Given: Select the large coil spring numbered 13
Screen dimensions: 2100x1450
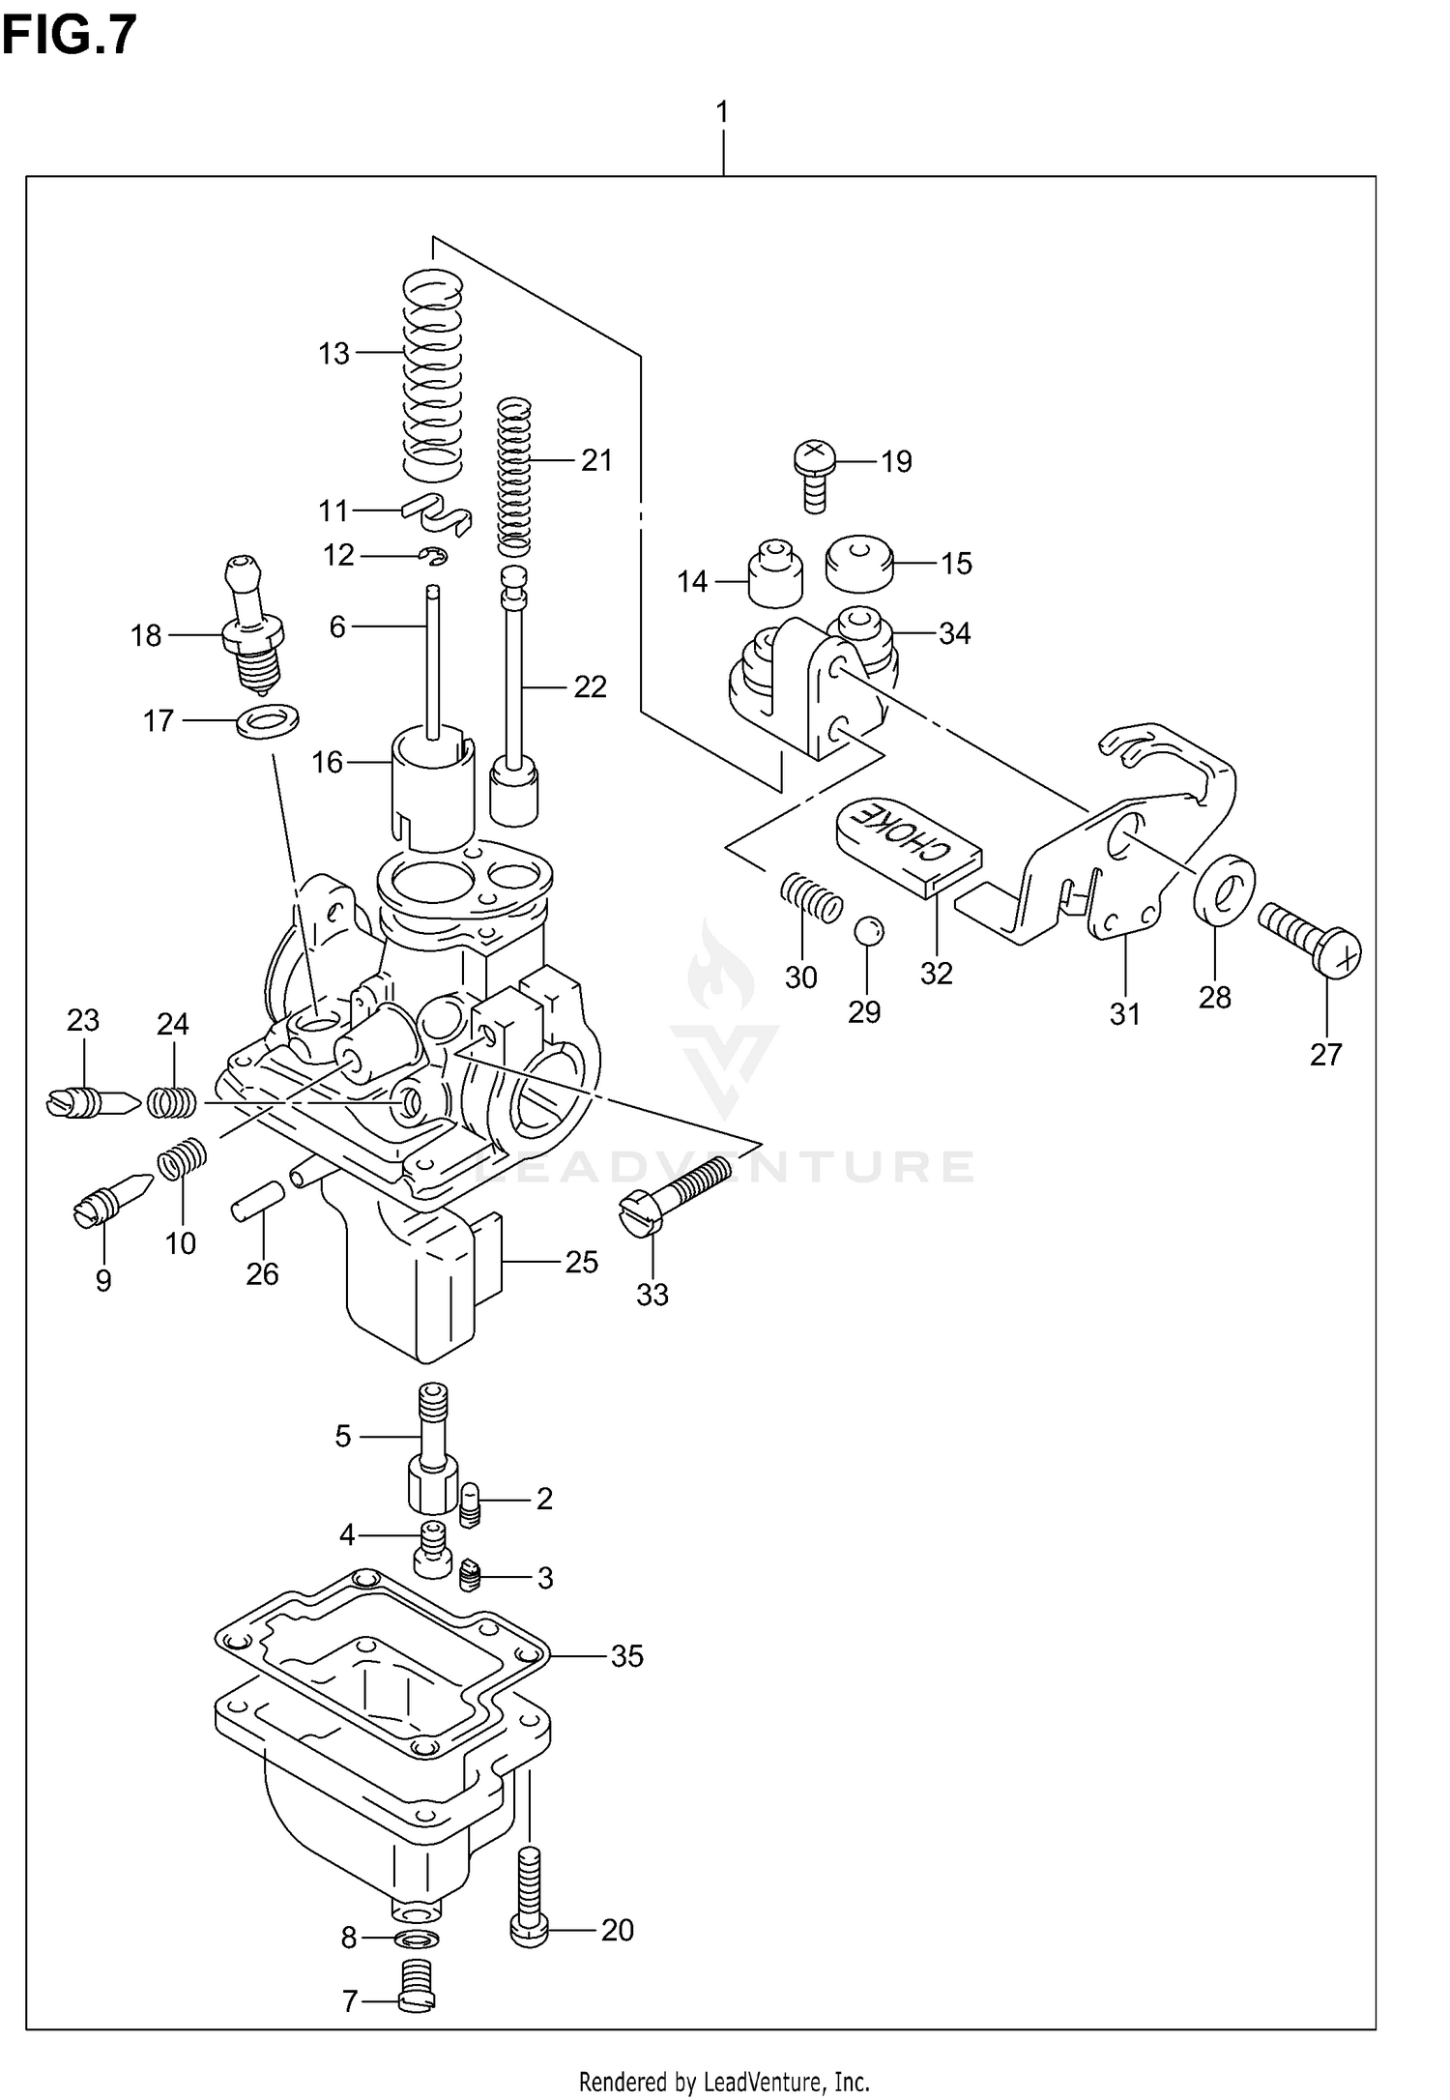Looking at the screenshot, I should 431,377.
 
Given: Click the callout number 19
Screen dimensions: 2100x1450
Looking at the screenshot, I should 896,462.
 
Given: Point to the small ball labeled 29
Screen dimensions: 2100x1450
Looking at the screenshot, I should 868,931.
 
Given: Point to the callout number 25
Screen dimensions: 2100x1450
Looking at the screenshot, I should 582,1262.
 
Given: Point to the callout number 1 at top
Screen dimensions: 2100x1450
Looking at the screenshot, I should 722,112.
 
